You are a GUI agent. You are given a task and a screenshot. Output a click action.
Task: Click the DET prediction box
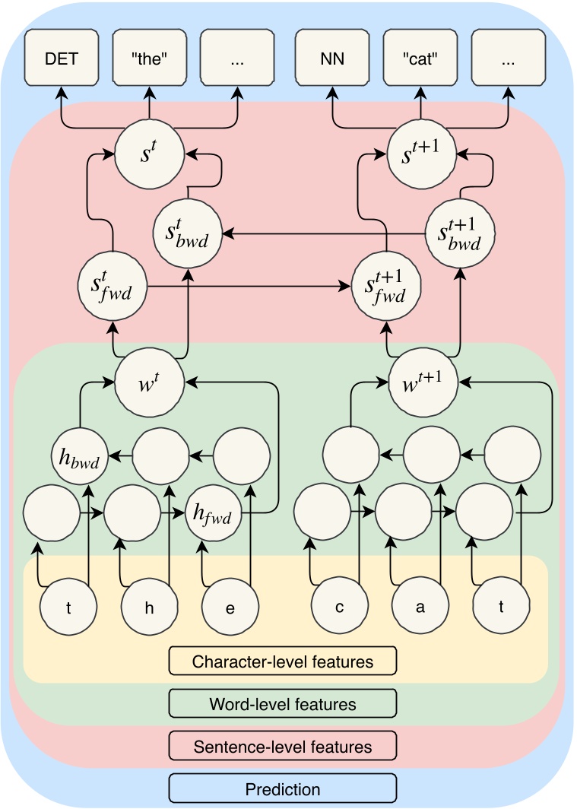[x=62, y=57]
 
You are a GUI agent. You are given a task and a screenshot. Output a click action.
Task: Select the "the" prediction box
[x=150, y=57]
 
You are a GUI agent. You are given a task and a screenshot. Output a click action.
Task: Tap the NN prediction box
[x=332, y=57]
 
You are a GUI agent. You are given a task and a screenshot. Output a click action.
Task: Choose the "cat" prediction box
[x=420, y=57]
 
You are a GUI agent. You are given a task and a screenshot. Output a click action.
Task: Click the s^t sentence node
[x=150, y=154]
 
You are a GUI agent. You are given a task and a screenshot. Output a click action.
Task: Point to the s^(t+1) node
[x=422, y=154]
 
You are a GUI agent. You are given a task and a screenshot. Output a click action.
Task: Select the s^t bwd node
[x=188, y=233]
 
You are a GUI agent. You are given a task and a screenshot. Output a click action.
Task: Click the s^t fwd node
[x=113, y=286]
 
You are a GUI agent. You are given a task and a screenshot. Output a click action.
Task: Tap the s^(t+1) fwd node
[x=385, y=286]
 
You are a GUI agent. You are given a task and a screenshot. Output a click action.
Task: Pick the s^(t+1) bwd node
[x=460, y=233]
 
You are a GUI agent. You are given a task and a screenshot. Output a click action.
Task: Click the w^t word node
[x=150, y=382]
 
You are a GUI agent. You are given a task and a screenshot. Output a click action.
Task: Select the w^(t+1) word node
[x=423, y=382]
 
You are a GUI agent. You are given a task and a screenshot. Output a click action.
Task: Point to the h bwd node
[x=80, y=456]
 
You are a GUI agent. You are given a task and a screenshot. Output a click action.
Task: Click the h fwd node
[x=213, y=512]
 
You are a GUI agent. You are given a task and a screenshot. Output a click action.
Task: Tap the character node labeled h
[x=149, y=607]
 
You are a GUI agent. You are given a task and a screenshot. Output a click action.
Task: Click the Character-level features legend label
[x=283, y=661]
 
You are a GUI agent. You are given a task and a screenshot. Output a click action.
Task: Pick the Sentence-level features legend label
[x=283, y=746]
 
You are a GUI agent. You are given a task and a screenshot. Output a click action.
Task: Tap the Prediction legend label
[x=283, y=788]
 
